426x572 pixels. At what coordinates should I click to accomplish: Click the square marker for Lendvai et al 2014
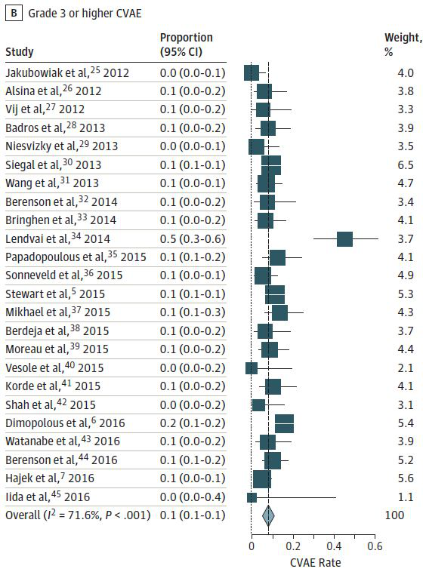344,239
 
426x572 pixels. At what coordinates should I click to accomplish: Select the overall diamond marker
268,515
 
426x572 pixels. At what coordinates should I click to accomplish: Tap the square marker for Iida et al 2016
252,497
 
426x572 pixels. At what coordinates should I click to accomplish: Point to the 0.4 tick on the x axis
334,537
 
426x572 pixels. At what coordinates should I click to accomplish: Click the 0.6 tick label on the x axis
375,546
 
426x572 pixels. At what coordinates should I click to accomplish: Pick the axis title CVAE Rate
316,562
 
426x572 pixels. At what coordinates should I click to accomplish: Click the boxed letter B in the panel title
14,14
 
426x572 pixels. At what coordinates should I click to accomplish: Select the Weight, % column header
403,45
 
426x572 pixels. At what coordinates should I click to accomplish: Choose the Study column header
20,52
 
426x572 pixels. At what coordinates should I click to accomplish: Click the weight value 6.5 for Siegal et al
406,165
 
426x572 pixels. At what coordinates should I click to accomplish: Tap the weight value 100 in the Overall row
394,515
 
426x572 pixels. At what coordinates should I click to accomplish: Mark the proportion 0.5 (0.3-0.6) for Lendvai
193,239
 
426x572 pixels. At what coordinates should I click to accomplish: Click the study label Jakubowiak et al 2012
67,72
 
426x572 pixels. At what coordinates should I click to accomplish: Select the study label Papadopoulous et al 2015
76,257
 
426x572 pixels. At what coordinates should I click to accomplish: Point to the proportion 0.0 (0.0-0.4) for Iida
193,497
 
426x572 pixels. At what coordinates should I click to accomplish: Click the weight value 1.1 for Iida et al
406,497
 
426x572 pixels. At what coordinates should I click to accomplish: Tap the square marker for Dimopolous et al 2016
284,423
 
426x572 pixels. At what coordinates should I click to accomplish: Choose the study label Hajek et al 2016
50,478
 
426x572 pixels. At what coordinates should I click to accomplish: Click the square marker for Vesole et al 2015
252,368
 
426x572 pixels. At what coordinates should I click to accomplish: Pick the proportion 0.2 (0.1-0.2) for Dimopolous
193,423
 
